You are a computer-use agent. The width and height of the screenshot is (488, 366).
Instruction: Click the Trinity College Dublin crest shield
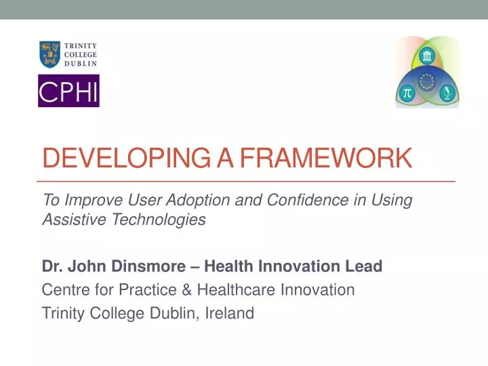click(49, 54)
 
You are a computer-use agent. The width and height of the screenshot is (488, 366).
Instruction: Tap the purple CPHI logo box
click(68, 91)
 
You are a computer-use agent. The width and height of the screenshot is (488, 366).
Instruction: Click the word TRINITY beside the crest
click(81, 46)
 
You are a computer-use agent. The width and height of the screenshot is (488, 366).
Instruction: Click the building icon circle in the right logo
click(427, 56)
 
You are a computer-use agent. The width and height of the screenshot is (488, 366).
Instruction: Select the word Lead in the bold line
click(366, 266)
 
